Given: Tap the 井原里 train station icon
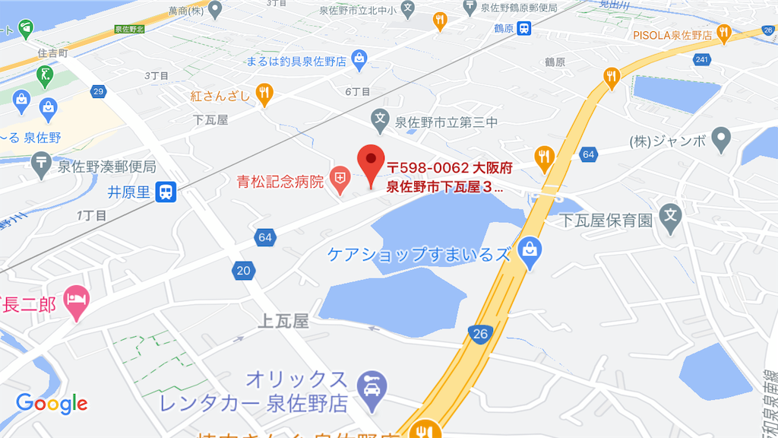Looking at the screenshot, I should click(165, 192).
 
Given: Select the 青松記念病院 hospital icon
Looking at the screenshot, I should click(341, 181).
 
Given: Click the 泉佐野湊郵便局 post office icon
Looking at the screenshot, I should click(41, 162).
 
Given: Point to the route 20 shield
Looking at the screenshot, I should click(243, 271).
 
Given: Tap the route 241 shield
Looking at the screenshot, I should click(701, 60).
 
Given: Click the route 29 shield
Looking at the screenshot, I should click(98, 92).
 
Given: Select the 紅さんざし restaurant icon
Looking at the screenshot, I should click(264, 94).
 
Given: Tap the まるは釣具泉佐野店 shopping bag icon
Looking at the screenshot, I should click(359, 58).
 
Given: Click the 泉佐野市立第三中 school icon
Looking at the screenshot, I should click(379, 119).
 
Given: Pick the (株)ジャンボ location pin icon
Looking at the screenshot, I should click(722, 138).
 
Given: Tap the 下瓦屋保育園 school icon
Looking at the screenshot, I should click(670, 216).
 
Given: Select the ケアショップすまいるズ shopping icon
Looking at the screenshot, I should click(529, 249).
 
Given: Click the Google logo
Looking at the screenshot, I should click(52, 404).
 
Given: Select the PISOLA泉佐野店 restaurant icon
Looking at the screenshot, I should click(724, 33).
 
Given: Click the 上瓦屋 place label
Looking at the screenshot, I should click(284, 322).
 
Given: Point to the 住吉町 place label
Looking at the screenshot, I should click(53, 54).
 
